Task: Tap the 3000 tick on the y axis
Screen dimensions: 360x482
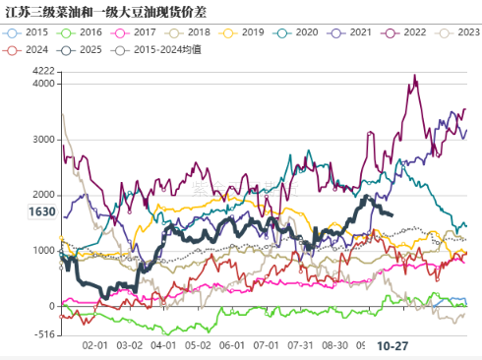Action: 43,139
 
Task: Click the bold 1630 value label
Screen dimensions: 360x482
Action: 41,211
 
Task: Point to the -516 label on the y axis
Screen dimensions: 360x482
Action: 43,334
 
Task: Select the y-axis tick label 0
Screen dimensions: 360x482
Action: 52,306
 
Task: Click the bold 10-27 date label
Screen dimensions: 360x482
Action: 394,346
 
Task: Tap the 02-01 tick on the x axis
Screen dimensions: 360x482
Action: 95,346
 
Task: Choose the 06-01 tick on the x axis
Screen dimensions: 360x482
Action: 232,346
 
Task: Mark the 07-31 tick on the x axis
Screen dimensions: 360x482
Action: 301,346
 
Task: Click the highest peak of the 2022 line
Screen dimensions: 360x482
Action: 414,76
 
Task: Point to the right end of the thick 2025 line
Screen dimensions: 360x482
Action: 392,214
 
